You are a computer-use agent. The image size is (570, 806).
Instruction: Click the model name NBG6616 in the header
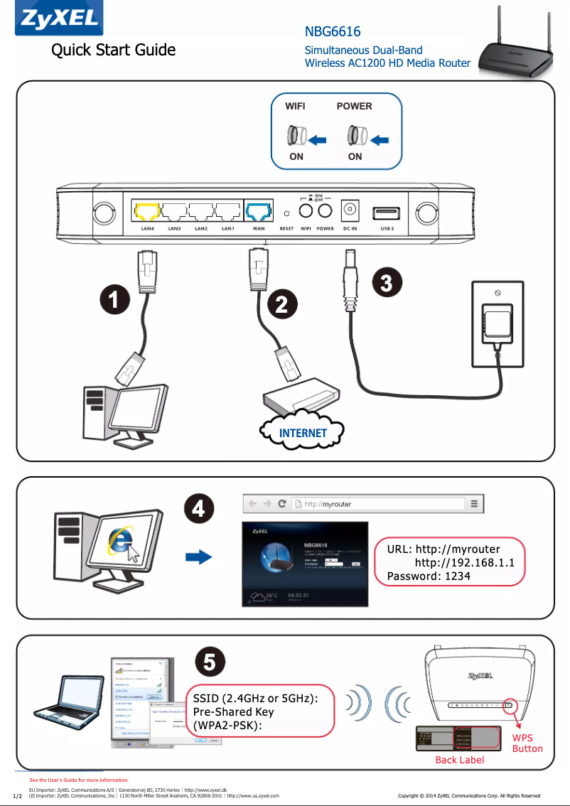coord(332,32)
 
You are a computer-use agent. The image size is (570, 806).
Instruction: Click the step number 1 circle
coord(114,300)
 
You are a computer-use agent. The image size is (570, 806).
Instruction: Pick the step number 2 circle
coord(281,306)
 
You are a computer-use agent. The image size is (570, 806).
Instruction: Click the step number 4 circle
coord(199,510)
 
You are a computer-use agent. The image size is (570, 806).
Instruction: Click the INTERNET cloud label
coord(303,433)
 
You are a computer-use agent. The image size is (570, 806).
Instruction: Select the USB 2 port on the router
coord(387,213)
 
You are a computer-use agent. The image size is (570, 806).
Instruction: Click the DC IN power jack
coord(350,211)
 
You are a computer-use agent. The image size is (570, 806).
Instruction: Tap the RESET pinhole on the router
coord(286,213)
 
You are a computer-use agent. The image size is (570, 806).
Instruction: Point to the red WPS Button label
coord(527,743)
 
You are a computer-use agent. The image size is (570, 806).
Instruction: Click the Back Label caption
coord(460,760)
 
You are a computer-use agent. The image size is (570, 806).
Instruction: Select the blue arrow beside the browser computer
coord(205,556)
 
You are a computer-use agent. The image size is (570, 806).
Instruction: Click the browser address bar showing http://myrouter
coord(377,504)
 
